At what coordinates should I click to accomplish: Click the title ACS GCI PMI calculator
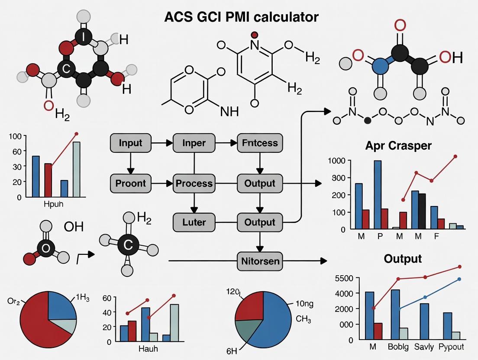241,17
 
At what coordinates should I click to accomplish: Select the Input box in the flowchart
130,143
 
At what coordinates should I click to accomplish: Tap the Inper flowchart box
194,143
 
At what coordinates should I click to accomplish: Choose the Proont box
130,183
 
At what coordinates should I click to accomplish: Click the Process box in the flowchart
194,183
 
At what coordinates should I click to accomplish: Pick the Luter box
194,222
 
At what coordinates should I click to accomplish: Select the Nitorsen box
260,261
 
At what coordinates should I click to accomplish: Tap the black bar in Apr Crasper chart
422,211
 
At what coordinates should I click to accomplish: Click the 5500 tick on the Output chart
345,279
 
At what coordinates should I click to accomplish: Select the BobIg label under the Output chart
398,347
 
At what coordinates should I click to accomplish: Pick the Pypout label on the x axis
451,347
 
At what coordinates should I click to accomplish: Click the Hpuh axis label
54,204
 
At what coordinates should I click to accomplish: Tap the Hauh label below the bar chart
148,348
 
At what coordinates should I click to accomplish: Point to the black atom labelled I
84,37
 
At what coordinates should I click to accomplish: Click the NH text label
229,111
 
